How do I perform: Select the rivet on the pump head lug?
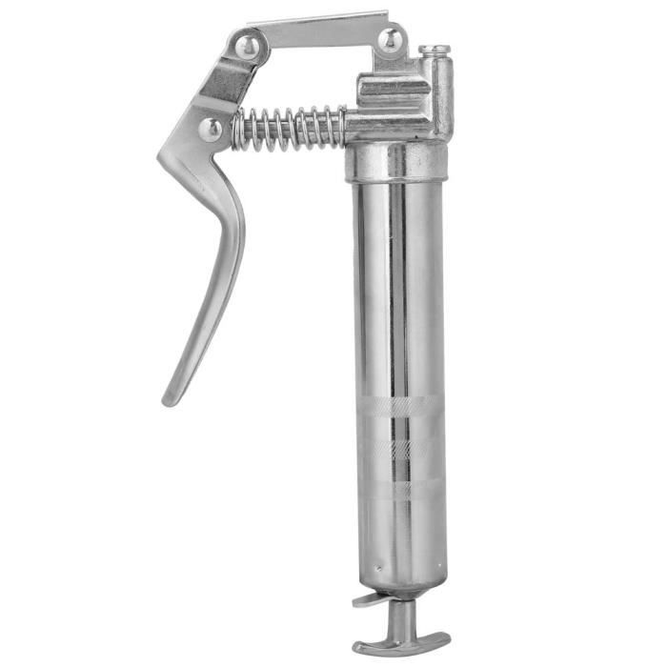point(390,40)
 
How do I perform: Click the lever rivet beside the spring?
point(211,128)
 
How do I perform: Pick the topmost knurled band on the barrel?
point(399,406)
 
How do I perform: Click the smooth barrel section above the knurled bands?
point(399,286)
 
